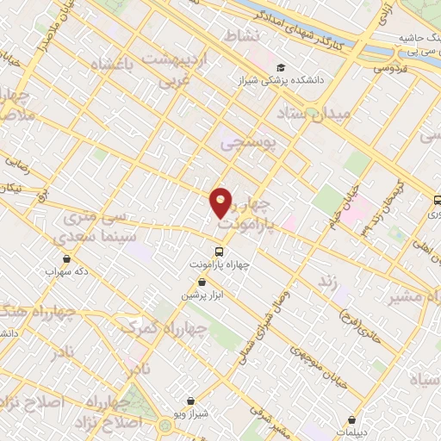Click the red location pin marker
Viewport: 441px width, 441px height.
pos(221,203)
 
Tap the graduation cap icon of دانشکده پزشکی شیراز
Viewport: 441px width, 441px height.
pos(282,68)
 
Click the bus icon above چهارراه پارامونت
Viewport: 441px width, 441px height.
pos(219,252)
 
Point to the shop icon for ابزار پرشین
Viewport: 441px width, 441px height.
pos(202,282)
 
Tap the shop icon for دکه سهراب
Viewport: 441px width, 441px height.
pos(67,258)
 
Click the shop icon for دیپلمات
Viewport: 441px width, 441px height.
pos(351,419)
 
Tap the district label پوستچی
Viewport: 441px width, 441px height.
pos(252,144)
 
